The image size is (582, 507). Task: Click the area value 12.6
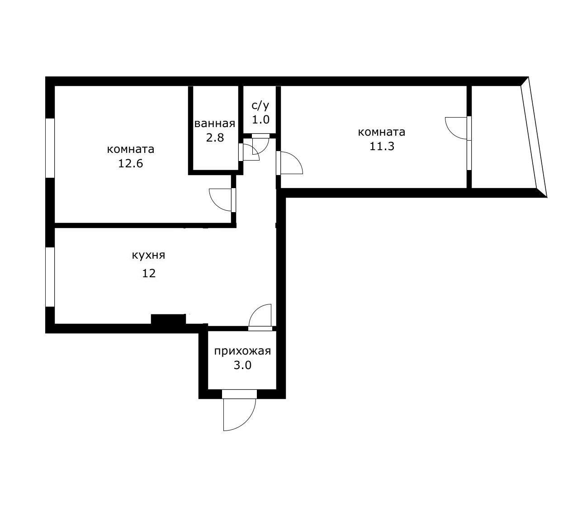tap(130, 164)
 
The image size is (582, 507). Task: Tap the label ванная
tap(215, 123)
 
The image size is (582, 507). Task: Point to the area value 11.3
tap(382, 147)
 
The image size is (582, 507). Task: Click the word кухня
tap(148, 255)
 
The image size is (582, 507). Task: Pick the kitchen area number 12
tap(149, 274)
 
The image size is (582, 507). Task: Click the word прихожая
tap(242, 351)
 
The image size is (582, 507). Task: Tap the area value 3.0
tap(242, 365)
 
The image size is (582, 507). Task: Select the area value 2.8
tap(215, 137)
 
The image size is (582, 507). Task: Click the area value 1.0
tap(260, 120)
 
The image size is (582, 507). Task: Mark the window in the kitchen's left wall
tap(50, 277)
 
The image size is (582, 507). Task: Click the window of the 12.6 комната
tap(50, 148)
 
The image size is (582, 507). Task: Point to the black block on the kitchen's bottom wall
tap(168, 319)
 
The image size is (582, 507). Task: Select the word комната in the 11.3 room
tap(382, 132)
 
